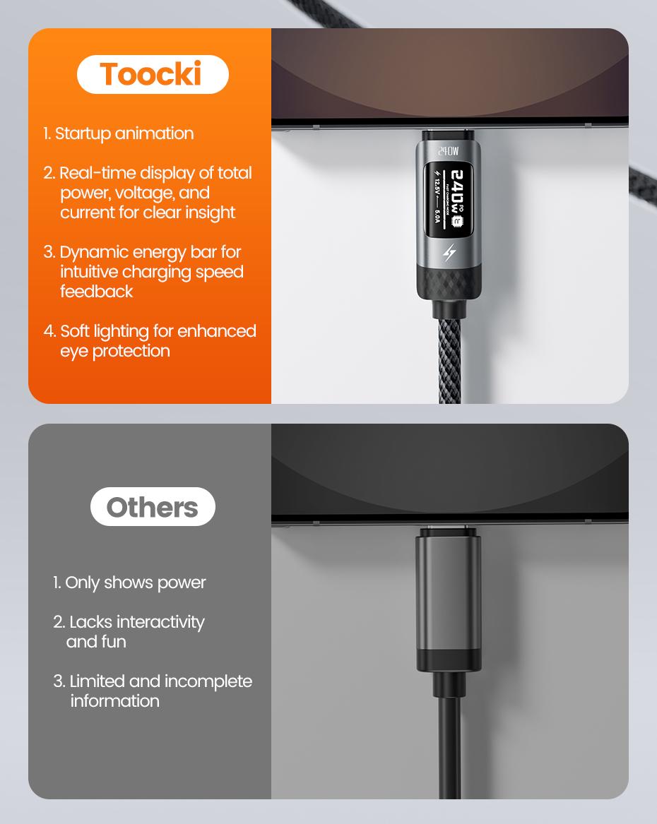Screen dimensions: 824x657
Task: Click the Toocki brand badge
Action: coord(152,75)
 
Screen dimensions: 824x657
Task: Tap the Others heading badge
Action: coord(153,507)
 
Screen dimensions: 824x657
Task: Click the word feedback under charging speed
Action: coord(96,292)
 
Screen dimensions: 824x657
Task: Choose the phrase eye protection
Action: coord(114,351)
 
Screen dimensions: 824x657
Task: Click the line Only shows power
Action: coord(135,583)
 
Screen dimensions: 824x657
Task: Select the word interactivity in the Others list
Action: coord(160,622)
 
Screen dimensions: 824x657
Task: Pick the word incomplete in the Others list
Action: coord(208,681)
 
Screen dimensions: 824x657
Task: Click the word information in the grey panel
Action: coord(114,701)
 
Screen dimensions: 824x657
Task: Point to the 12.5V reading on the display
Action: coord(438,190)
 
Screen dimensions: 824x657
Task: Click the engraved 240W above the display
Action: coord(449,151)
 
